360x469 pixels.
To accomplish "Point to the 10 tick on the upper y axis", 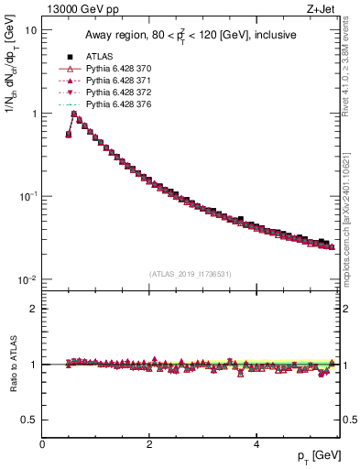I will (30, 30).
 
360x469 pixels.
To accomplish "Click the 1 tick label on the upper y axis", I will (33, 114).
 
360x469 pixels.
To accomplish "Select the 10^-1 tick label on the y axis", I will (27, 196).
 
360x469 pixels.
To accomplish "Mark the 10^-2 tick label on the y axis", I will (27, 279).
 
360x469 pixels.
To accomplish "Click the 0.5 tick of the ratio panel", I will (29, 420).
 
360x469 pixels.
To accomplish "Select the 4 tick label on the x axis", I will (256, 444).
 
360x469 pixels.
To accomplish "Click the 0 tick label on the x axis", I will (42, 444).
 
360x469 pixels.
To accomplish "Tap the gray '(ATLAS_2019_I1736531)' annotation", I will (190, 273).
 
